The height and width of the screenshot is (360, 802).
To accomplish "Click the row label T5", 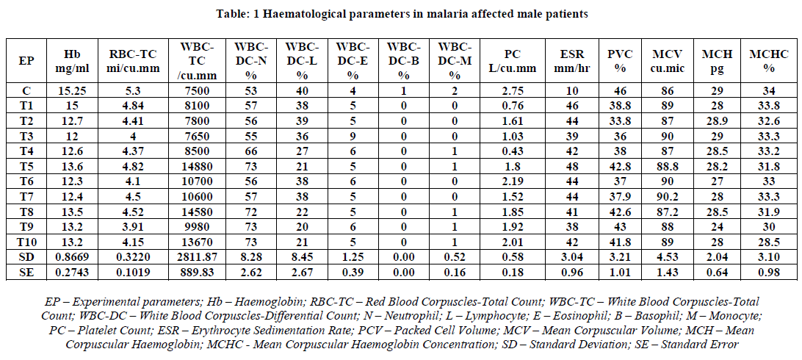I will point(25,165).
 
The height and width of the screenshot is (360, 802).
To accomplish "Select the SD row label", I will point(25,256).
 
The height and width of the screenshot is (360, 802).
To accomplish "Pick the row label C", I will point(25,90).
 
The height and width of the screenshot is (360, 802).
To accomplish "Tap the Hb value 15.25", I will point(76,90).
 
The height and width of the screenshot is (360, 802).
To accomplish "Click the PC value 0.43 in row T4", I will point(514,151).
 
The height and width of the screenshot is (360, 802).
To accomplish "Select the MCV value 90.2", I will point(667,195).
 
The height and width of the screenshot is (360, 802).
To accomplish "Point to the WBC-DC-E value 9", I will point(353,135).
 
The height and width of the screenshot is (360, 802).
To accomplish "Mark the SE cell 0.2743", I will point(76,272).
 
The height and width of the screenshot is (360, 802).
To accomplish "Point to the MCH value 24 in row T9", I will point(711,226).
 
